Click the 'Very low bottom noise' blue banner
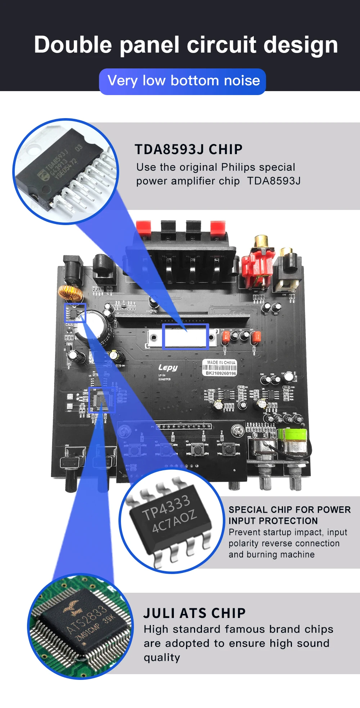pos(183,81)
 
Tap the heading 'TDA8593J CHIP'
pos(189,149)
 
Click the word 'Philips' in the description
pos(238,167)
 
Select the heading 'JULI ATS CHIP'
pos(194,613)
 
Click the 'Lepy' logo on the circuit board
pos(168,367)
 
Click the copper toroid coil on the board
pos(71,292)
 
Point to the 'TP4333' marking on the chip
pos(166,507)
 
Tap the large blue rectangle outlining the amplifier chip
pos(185,336)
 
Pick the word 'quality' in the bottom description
pos(162,658)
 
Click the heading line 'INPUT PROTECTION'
pos(273,521)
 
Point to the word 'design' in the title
pos(301,45)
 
